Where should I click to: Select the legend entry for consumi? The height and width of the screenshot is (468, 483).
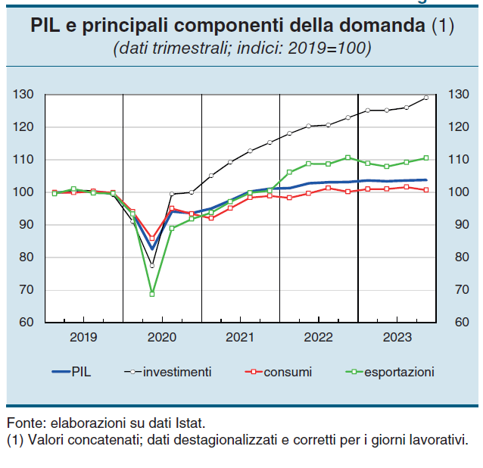tap(288, 372)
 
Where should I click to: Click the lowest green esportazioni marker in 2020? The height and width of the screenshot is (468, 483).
tap(152, 294)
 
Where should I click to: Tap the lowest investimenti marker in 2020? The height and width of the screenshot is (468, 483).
tap(152, 266)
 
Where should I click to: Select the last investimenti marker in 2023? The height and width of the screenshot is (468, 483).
tap(425, 98)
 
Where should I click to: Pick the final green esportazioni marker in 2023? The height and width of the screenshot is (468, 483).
tap(425, 158)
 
